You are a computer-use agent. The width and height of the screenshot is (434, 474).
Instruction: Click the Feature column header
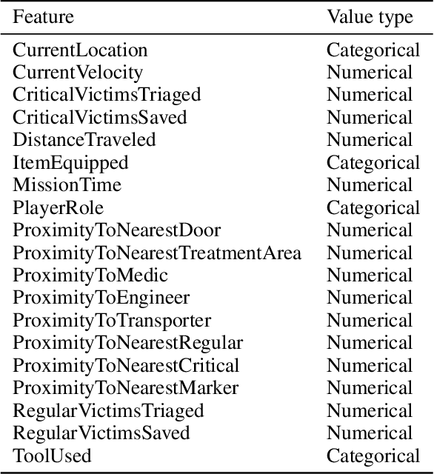click(44, 17)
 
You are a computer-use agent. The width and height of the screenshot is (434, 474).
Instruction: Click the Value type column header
click(370, 17)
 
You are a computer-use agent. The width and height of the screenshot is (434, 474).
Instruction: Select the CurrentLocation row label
click(80, 50)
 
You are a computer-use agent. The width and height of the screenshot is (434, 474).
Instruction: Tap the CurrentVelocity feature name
click(78, 73)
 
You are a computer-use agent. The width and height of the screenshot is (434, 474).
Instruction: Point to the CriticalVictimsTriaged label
click(107, 95)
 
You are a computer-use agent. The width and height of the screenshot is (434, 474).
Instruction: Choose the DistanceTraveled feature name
click(84, 140)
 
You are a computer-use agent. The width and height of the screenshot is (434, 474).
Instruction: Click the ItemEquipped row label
click(70, 162)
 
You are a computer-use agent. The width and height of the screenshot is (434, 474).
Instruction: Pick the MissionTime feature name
click(67, 185)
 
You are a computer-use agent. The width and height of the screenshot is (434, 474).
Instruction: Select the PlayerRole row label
click(59, 207)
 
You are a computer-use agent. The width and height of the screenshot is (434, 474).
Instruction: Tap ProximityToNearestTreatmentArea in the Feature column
click(157, 253)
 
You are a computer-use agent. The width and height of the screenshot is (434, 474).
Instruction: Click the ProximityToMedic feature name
click(90, 276)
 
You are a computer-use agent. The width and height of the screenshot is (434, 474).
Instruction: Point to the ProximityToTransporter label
click(112, 321)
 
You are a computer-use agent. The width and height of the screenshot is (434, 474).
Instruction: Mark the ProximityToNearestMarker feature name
click(126, 388)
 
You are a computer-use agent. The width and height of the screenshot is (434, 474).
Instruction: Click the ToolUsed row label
click(52, 455)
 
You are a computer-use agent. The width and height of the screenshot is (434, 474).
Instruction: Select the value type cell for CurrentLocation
click(373, 50)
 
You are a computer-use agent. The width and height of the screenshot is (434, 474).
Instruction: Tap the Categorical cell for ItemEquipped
click(373, 162)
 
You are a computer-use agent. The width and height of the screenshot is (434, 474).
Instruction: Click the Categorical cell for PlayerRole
click(373, 207)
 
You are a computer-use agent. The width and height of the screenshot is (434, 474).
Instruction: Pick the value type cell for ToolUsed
click(373, 455)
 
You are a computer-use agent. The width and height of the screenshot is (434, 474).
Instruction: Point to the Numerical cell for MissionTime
click(370, 185)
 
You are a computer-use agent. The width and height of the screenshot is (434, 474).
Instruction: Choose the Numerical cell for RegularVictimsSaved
click(370, 433)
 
